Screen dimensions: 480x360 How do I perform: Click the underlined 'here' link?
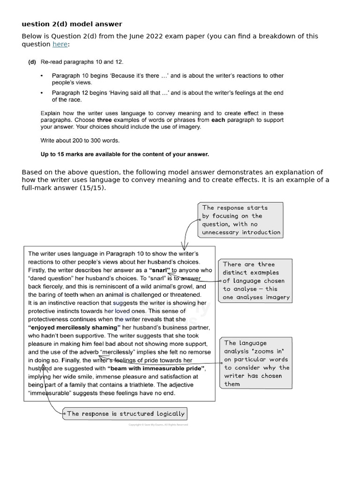pyautogui.click(x=60, y=44)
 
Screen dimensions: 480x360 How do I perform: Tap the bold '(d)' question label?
pyautogui.click(x=32, y=62)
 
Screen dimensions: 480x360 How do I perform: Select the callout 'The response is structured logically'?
pyautogui.click(x=126, y=413)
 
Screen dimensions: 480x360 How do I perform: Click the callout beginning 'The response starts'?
pyautogui.click(x=241, y=219)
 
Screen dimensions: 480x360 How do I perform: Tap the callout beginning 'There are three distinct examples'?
pyautogui.click(x=255, y=280)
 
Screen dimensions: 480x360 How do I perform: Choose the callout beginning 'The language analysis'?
pyautogui.click(x=256, y=363)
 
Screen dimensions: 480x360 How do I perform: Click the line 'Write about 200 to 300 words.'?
pyautogui.click(x=80, y=140)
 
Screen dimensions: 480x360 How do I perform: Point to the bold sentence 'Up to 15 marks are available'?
pyautogui.click(x=125, y=154)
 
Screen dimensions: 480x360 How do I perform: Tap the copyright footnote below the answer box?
pyautogui.click(x=158, y=425)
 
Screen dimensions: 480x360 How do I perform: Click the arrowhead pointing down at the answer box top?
pyautogui.click(x=184, y=247)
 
